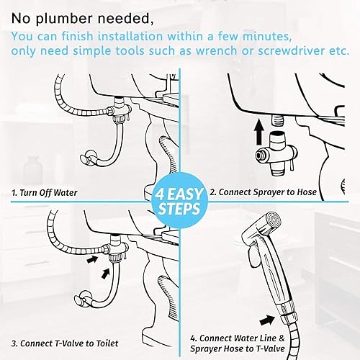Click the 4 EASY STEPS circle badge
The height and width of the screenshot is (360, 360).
click(180, 201)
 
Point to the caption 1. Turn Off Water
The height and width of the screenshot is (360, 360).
click(45, 193)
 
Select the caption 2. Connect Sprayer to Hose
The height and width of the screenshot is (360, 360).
click(264, 192)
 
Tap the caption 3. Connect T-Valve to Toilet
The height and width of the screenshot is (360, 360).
click(65, 343)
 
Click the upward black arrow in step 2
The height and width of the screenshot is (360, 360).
click(259, 132)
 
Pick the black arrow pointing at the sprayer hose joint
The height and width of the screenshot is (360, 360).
click(267, 320)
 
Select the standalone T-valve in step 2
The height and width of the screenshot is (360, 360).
click(276, 154)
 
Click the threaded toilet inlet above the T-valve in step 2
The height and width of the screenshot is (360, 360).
click(277, 120)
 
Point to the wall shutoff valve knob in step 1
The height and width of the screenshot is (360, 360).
click(87, 158)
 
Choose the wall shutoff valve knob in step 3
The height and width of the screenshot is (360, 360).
click(83, 298)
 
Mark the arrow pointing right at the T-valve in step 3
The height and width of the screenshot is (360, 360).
click(92, 259)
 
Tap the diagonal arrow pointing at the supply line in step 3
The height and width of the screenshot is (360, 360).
click(105, 273)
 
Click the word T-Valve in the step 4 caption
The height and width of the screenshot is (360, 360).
click(270, 349)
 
